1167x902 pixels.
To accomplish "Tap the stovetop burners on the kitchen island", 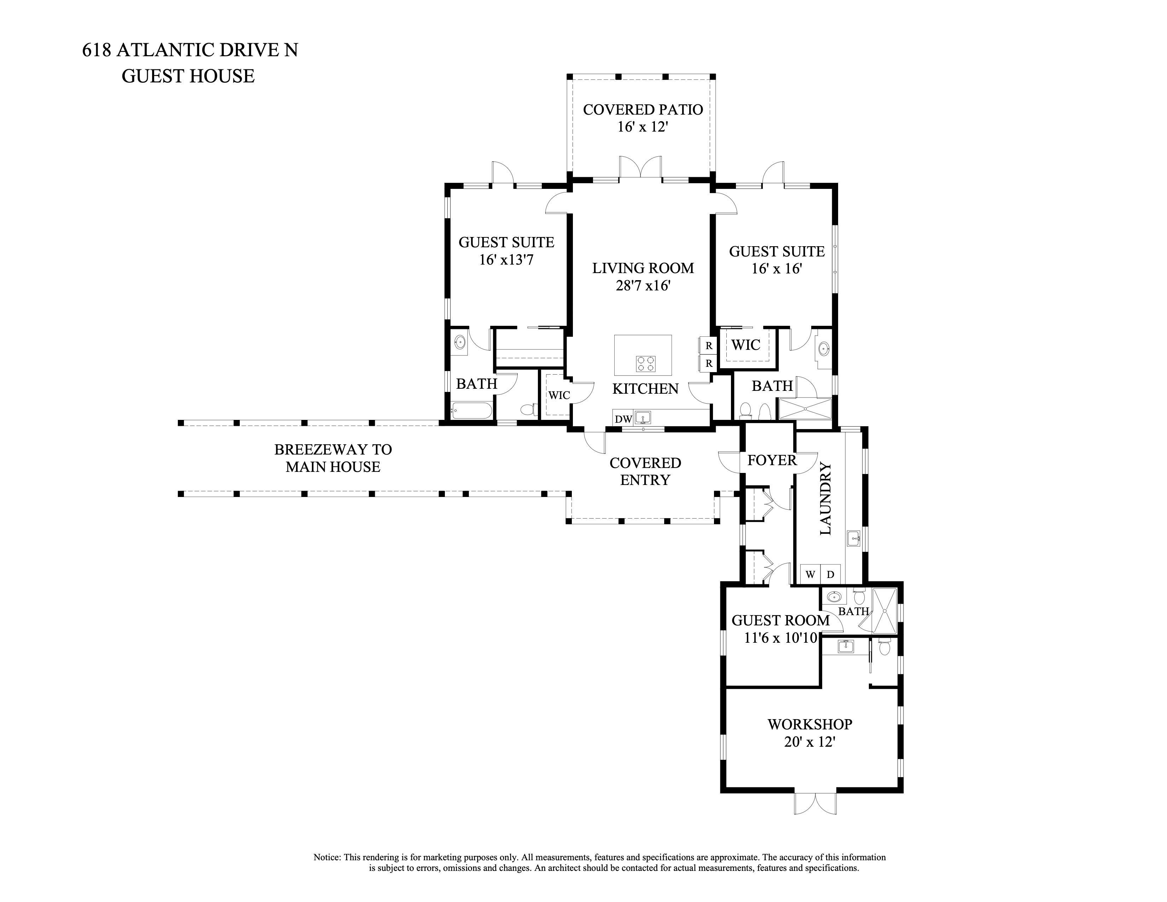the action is pyautogui.click(x=645, y=364).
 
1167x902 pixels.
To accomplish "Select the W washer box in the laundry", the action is pyautogui.click(x=810, y=574).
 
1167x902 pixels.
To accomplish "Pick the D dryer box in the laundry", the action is pyautogui.click(x=830, y=574).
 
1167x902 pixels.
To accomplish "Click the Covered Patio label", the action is pyautogui.click(x=643, y=110).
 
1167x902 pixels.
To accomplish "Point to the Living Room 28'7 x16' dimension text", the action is pyautogui.click(x=643, y=286).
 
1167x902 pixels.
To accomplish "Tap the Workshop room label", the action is pyautogui.click(x=809, y=724).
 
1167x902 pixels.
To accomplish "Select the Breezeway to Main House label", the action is pyautogui.click(x=333, y=458).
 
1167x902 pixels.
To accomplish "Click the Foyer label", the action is pyautogui.click(x=772, y=460).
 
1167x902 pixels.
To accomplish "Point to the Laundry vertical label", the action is pyautogui.click(x=825, y=498).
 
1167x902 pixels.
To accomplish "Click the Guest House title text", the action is pyautogui.click(x=188, y=76).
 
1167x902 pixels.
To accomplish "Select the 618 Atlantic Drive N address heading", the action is pyautogui.click(x=190, y=50).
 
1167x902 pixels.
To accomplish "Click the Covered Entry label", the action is pyautogui.click(x=645, y=471).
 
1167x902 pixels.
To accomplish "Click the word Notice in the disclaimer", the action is pyautogui.click(x=327, y=857).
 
